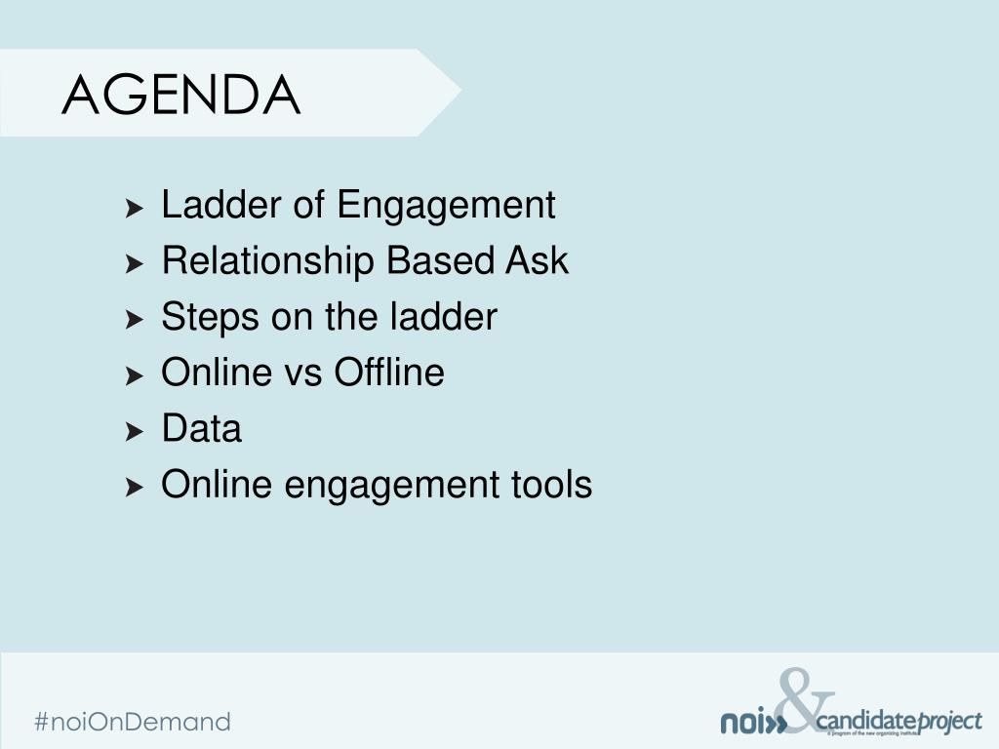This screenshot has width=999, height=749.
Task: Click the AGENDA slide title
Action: point(181,96)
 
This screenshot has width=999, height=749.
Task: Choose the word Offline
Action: point(389,373)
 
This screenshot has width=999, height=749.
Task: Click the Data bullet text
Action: point(201,429)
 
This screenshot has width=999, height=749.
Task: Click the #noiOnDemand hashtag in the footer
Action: point(133,722)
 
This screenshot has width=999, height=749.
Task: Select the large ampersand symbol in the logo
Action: point(806,700)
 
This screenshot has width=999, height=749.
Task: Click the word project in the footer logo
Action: point(948,723)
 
